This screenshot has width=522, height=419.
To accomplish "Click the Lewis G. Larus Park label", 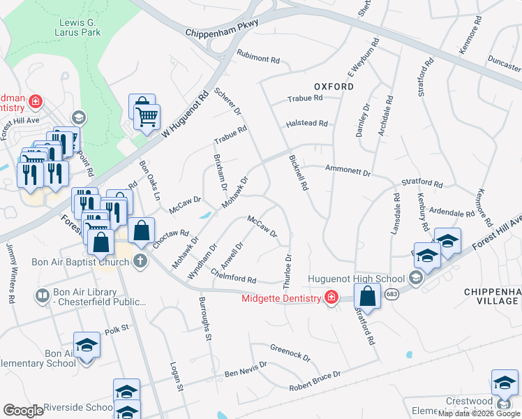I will [x=78, y=27].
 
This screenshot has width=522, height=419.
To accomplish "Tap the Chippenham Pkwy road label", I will [x=222, y=28].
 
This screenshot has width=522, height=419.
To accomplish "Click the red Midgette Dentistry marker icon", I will [x=329, y=298].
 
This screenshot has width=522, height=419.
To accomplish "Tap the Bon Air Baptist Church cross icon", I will [x=140, y=263].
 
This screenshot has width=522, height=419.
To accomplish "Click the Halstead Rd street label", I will [x=306, y=124].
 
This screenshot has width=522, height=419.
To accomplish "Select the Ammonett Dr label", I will [x=348, y=170].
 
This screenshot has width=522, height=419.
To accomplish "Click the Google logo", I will [x=23, y=411].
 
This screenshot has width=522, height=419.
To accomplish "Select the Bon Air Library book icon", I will [x=43, y=296].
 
